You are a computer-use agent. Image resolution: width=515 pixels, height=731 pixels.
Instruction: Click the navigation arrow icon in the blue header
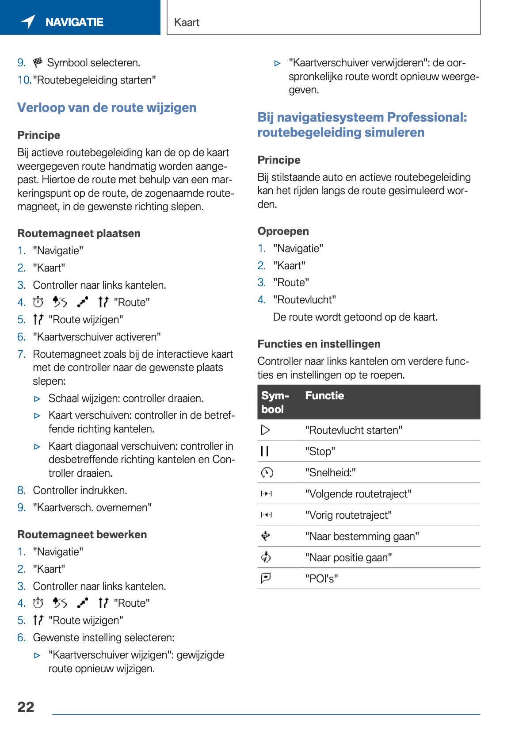pos(28,21)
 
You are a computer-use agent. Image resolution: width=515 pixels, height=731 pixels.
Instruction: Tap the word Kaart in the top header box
pos(187,23)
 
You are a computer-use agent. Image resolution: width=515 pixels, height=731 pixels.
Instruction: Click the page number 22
pos(26,707)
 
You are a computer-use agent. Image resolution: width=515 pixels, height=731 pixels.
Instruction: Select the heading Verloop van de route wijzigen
pos(107,107)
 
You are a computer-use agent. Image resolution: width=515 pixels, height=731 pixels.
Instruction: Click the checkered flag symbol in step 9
pos(38,62)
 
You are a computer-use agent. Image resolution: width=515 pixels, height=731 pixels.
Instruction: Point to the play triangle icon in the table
pos(265,430)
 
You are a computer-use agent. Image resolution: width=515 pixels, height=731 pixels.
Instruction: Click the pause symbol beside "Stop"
pos(265,451)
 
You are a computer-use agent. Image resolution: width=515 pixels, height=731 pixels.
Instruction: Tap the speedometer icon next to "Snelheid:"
pos(267,472)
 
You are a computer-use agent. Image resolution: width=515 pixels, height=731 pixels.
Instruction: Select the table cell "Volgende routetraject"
pos(358,494)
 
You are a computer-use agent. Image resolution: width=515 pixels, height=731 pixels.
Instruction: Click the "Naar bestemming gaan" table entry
pos(362,536)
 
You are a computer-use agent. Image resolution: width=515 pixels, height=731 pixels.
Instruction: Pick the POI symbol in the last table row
pos(266,578)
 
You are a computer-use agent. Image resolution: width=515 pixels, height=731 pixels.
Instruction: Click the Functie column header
pos(324,395)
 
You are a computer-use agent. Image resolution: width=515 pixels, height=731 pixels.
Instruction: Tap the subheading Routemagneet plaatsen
pos(79,233)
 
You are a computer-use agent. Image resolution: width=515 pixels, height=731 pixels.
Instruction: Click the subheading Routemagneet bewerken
pos(82,534)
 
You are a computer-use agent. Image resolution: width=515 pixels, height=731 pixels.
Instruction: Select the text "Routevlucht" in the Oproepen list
pos(304,299)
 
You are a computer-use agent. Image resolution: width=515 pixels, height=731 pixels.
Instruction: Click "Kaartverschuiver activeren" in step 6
pos(96,337)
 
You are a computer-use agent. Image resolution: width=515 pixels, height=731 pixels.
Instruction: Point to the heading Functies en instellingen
pos(319,344)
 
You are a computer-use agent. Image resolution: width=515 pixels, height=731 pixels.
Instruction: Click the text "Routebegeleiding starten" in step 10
pos(94,80)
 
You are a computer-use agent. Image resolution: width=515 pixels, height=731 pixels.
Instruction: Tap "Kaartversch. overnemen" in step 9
pos(92,507)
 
